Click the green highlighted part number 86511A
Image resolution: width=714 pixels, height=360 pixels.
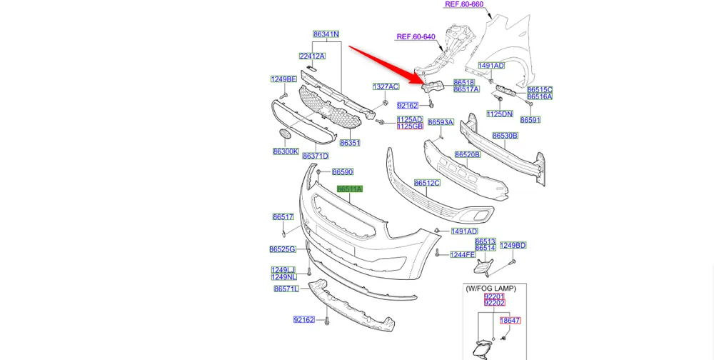coord(350,189)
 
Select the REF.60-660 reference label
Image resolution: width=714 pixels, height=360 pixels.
coord(464,4)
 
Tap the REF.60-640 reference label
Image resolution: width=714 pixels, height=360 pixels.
coord(416,37)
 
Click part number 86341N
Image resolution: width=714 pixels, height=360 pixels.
coord(326,34)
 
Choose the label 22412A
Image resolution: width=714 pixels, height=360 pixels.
coord(312,56)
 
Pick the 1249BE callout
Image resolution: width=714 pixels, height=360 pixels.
coord(283,79)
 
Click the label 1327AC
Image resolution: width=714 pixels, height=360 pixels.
coord(386,86)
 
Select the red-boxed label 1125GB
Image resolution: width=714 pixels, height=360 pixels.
coord(410,126)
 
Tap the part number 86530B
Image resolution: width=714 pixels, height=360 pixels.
coord(505,136)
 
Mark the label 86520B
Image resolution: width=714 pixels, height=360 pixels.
coord(468,154)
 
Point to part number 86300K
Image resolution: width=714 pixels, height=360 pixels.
coord(286,151)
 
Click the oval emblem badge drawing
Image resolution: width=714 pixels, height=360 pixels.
coord(284,134)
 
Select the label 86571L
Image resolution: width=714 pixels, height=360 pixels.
coord(286,289)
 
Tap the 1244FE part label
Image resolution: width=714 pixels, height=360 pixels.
coord(463,254)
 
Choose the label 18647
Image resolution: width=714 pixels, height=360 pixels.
coord(510,321)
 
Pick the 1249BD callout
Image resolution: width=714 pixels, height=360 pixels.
coord(513,246)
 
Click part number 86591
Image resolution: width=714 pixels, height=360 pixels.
coord(531,120)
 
